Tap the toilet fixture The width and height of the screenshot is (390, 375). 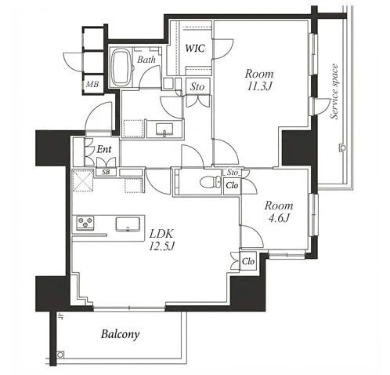pyautogui.click(x=211, y=181)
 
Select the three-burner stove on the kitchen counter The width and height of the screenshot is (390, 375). pyautogui.click(x=85, y=223)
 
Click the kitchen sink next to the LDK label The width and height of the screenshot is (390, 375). pyautogui.click(x=128, y=224)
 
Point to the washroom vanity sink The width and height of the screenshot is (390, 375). pyautogui.click(x=164, y=129)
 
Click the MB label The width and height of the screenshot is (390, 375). pyautogui.click(x=92, y=84)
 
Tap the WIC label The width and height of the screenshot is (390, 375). pyautogui.click(x=195, y=48)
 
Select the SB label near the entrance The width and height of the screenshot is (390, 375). pyautogui.click(x=106, y=172)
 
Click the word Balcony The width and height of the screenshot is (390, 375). pyautogui.click(x=121, y=334)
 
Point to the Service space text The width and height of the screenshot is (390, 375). pyautogui.click(x=334, y=92)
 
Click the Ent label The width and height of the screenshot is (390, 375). pyautogui.click(x=104, y=149)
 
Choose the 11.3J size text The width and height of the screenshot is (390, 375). pyautogui.click(x=259, y=86)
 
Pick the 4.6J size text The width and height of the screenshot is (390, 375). pyautogui.click(x=279, y=217)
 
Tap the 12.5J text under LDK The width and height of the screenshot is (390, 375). pyautogui.click(x=161, y=246)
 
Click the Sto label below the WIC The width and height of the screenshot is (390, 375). pyautogui.click(x=197, y=86)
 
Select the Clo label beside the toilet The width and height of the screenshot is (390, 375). pyautogui.click(x=232, y=185)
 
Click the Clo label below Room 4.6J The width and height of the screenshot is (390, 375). pyautogui.click(x=248, y=261)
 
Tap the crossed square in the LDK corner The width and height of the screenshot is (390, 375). pyautogui.click(x=83, y=180)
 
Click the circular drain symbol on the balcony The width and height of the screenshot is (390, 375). pyautogui.click(x=60, y=355)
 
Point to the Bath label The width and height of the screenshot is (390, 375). pyautogui.click(x=146, y=60)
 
